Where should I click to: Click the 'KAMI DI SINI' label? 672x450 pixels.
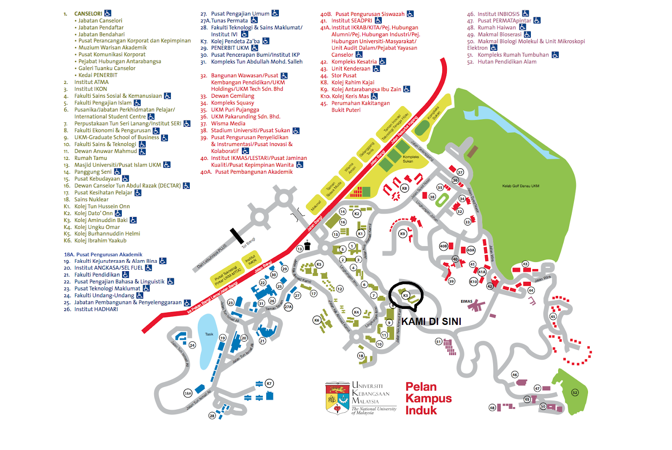click(x=431, y=322)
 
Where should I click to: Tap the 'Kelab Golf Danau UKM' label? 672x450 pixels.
click(x=520, y=186)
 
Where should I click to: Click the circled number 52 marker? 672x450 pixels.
click(x=575, y=392)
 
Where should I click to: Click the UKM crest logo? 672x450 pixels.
click(x=337, y=398)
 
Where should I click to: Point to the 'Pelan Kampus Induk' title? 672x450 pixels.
click(x=428, y=398)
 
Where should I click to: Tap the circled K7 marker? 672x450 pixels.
click(x=269, y=383)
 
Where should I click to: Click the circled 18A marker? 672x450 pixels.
click(x=188, y=393)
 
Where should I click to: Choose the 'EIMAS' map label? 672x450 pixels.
click(x=466, y=301)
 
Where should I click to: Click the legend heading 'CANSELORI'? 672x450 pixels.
click(x=88, y=13)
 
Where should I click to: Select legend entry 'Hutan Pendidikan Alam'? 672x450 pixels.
click(x=507, y=62)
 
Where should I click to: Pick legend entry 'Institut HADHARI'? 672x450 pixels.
click(x=96, y=309)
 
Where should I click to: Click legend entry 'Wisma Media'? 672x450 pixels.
click(x=228, y=123)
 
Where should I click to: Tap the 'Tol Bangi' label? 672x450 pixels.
click(x=249, y=243)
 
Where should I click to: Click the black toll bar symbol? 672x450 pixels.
click(x=236, y=235)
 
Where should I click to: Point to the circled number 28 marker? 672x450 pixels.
click(x=212, y=416)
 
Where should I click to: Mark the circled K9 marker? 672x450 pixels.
click(x=403, y=234)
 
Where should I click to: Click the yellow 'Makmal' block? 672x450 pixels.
click(x=316, y=205)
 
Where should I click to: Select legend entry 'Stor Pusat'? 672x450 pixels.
click(x=344, y=76)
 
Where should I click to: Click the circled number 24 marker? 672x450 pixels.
click(x=192, y=345)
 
